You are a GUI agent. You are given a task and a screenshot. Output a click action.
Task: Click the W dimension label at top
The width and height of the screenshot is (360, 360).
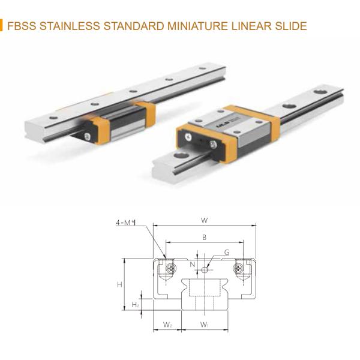click(205, 220)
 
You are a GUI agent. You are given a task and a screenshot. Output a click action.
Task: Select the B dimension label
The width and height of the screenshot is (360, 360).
click(204, 238)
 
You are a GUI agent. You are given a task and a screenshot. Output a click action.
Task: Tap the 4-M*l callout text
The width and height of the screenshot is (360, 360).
click(126, 223)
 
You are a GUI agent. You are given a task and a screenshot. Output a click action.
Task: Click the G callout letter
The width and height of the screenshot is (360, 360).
click(227, 253)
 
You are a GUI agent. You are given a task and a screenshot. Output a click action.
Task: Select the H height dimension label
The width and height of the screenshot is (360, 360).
click(119, 284)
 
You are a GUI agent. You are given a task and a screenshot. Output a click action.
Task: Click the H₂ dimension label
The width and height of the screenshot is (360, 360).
click(135, 305)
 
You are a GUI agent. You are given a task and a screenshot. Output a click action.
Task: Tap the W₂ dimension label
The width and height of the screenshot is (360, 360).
click(168, 325)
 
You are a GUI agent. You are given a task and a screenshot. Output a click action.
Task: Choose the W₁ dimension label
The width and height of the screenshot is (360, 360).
click(204, 325)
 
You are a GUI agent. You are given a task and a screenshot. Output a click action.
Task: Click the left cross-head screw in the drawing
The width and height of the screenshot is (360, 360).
click(172, 266)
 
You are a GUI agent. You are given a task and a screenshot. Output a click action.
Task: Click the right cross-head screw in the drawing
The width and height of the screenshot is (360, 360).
click(239, 266)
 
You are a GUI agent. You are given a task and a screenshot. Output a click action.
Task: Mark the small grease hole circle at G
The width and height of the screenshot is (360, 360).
click(205, 270)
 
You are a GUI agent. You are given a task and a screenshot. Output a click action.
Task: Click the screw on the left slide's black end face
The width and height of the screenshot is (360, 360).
click(88, 136)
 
